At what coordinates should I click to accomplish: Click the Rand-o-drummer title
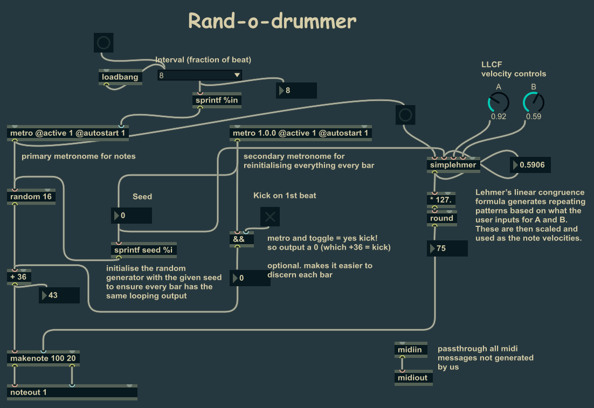click(x=272, y=21)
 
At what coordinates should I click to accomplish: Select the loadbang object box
click(x=120, y=77)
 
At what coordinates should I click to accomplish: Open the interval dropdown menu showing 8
click(x=199, y=75)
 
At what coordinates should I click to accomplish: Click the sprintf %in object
click(x=216, y=100)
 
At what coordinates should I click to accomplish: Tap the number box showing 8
click(x=296, y=91)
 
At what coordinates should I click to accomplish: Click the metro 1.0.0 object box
click(x=301, y=133)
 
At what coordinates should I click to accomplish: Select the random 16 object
click(x=31, y=197)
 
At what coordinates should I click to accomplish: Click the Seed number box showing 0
click(x=132, y=216)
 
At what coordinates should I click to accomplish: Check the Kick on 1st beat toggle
click(x=270, y=217)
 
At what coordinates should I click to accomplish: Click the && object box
click(x=241, y=239)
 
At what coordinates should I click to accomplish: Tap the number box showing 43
click(x=59, y=295)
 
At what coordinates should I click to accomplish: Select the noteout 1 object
click(x=73, y=392)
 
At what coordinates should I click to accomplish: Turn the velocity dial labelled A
click(x=499, y=102)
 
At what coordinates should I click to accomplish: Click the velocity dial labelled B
click(x=534, y=102)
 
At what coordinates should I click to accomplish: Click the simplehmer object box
click(x=453, y=165)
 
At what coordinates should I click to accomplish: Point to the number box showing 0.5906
click(x=530, y=165)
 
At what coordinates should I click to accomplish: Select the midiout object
click(x=413, y=378)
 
